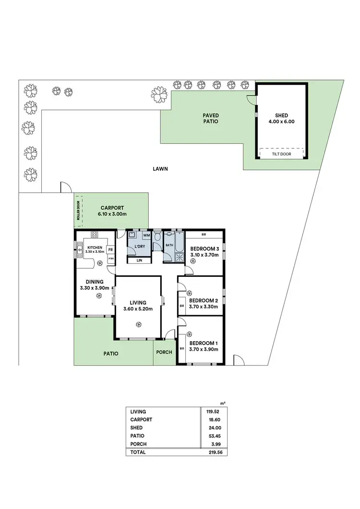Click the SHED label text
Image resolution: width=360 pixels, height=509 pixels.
click(281, 115)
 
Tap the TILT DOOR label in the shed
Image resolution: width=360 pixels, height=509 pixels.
click(281, 154)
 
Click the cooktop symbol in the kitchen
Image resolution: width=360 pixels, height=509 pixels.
click(94, 236)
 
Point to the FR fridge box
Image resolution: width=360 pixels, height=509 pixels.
click(110, 249)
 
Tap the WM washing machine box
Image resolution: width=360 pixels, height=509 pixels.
click(146, 236)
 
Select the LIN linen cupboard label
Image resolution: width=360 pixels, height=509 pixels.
click(139, 260)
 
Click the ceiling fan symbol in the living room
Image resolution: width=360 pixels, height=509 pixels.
click(138, 325)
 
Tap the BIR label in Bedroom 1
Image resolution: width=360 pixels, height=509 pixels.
click(182, 348)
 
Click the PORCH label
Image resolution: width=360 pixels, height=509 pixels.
click(164, 353)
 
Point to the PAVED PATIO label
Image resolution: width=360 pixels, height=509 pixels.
click(210, 118)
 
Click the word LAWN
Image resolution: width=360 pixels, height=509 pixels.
click(160, 169)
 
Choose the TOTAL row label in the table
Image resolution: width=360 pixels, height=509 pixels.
click(138, 452)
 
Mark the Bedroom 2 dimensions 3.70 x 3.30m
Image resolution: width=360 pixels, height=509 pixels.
click(204, 307)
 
